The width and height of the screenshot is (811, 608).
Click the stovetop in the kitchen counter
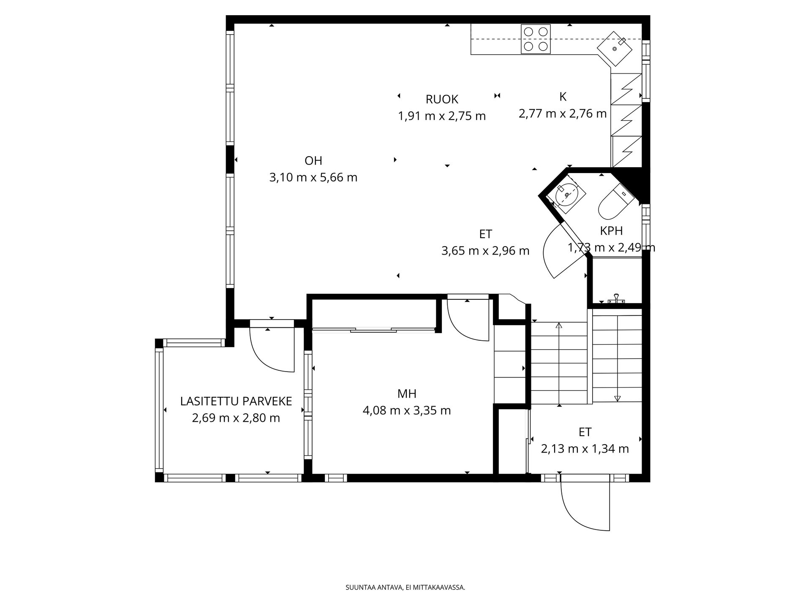coord(536,39)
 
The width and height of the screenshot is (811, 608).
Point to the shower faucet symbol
coord(617,299)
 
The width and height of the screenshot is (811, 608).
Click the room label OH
coord(313,160)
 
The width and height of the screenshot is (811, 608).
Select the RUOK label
coord(442,99)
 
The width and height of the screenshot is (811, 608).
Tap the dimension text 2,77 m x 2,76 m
coord(563,114)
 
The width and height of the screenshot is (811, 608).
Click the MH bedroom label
coord(407,394)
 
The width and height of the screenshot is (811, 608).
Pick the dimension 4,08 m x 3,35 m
coord(407,410)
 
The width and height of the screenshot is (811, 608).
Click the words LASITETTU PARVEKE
coord(236,401)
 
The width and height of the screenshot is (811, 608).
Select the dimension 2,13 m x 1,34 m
coord(585,449)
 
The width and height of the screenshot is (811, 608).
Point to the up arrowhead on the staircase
coord(559,326)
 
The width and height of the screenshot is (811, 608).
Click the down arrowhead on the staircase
coord(617,398)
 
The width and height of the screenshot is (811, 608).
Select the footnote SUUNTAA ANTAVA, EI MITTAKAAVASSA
coord(405,587)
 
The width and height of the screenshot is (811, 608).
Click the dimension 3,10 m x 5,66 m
coord(313,177)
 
